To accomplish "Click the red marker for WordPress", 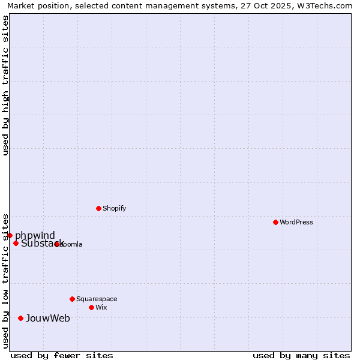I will click(x=275, y=222).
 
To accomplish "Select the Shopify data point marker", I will click(x=98, y=208).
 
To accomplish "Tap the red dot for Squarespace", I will click(x=72, y=299).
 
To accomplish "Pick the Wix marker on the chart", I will click(x=91, y=307).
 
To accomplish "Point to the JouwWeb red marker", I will click(x=20, y=318).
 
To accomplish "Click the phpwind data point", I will click(x=10, y=235).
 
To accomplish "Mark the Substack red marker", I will click(x=16, y=243).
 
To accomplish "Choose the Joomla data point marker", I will click(x=56, y=244).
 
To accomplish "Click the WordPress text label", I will click(x=296, y=222).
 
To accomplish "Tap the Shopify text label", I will click(x=114, y=208).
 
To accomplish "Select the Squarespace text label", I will click(x=97, y=299).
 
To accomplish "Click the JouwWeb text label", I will click(x=48, y=318).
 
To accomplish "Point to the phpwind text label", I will click(x=35, y=235).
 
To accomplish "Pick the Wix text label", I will click(x=101, y=307).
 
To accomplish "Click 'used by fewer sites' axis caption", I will click(x=62, y=355).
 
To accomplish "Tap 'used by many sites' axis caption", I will click(x=301, y=355).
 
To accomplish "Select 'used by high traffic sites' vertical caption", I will click(x=5, y=85).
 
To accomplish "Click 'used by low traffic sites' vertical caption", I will click(x=5, y=280).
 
